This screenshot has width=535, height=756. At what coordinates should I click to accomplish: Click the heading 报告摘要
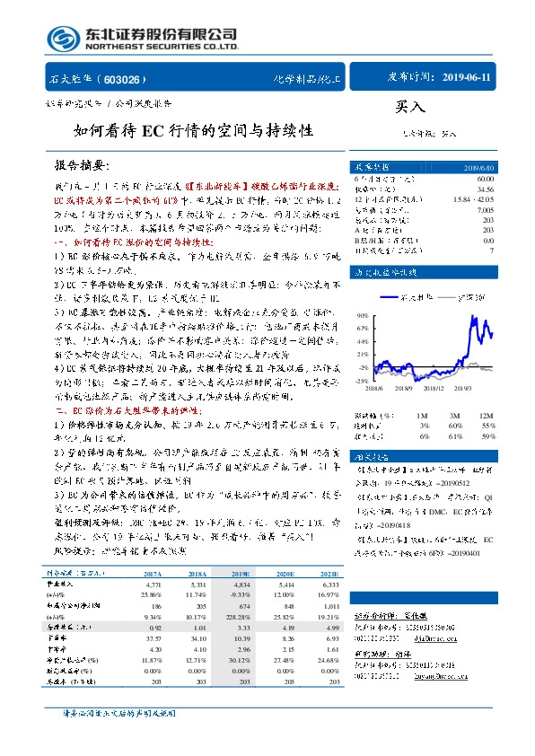click(x=75, y=166)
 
